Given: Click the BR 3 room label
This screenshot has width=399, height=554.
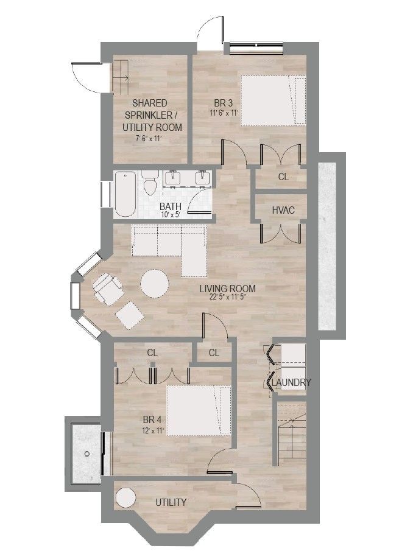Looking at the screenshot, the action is pyautogui.click(x=224, y=103).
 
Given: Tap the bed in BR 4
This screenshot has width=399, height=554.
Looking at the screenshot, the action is pyautogui.click(x=199, y=410).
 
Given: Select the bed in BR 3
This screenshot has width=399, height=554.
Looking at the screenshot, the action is pyautogui.click(x=273, y=100).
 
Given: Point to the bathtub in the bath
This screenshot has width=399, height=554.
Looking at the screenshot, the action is pyautogui.click(x=125, y=194).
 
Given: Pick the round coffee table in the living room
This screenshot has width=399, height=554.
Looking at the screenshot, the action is pyautogui.click(x=155, y=283).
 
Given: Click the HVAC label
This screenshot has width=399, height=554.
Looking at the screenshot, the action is pyautogui.click(x=283, y=210).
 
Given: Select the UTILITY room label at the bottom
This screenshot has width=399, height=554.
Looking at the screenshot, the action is pyautogui.click(x=171, y=502).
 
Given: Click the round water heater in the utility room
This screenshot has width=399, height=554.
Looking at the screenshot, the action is pyautogui.click(x=126, y=498).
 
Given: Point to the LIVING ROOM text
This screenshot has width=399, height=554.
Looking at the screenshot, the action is pyautogui.click(x=228, y=289).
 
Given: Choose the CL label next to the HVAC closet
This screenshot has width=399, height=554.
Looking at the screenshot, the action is pyautogui.click(x=283, y=177).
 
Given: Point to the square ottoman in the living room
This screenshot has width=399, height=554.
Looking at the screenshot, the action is pyautogui.click(x=130, y=315).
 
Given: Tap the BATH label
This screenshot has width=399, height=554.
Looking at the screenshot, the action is pyautogui.click(x=171, y=206).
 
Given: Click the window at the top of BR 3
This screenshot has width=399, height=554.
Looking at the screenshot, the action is pyautogui.click(x=256, y=49).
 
